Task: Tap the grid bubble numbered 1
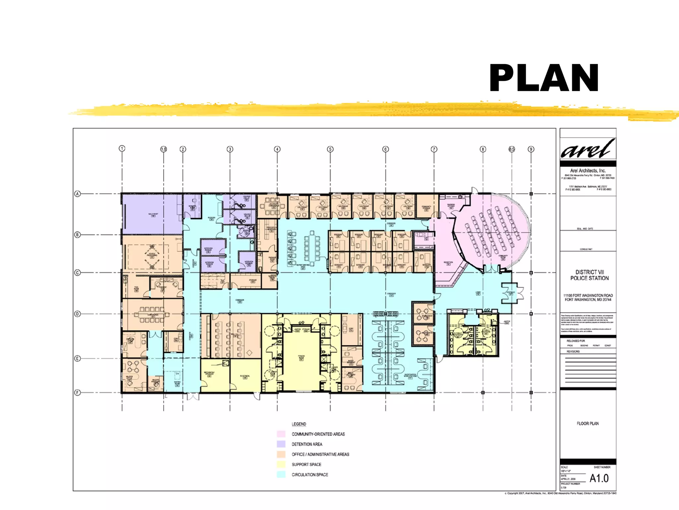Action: coord(122,148)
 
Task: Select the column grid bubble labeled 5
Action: coord(330,149)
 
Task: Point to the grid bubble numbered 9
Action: coord(531,149)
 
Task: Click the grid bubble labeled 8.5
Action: coord(512,149)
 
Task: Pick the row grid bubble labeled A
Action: coord(78,194)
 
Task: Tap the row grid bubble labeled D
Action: coord(78,314)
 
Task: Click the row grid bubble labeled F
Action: coord(78,392)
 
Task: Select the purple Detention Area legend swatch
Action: coord(281,444)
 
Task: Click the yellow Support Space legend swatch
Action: coord(281,464)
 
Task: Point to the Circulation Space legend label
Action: coord(310,474)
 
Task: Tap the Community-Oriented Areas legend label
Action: coord(318,434)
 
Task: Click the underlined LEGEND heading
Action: coord(299,424)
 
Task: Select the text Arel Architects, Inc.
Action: coord(588,170)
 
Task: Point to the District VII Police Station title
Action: coord(589,275)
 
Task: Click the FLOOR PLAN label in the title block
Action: coord(587,423)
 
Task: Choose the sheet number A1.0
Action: coord(599,478)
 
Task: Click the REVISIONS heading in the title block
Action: coord(573,351)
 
